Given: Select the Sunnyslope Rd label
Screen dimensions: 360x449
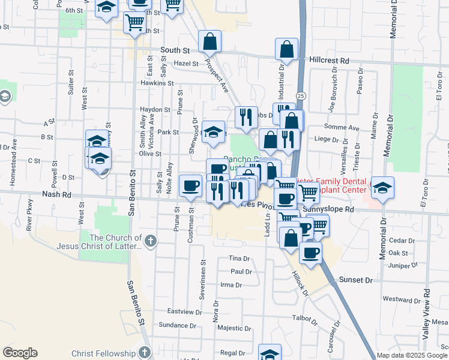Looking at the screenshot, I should pyautogui.click(x=329, y=209).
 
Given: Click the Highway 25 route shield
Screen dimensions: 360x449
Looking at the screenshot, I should pyautogui.click(x=301, y=96).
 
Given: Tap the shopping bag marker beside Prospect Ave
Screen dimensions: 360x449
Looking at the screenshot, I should pyautogui.click(x=210, y=42).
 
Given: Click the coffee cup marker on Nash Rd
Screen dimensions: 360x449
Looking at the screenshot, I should pyautogui.click(x=191, y=185).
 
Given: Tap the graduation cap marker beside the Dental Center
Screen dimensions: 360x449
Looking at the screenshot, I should pyautogui.click(x=382, y=188).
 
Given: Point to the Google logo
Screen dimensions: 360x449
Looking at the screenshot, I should pyautogui.click(x=20, y=353).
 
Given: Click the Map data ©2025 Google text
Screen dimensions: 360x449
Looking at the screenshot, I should pyautogui.click(x=412, y=355).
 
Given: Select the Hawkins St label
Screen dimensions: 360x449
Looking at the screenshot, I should pyautogui.click(x=157, y=83).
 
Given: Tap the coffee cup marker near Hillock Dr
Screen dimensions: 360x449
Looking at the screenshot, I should pyautogui.click(x=310, y=253).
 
